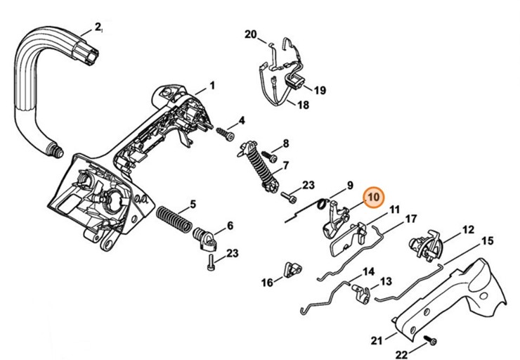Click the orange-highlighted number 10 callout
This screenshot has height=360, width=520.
373,197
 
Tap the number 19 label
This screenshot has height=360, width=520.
319,91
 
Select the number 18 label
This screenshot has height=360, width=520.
303,105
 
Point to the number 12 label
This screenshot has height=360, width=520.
467,229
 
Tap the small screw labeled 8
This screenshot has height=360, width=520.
267,154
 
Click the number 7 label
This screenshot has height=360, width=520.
285,167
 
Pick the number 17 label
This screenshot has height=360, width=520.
411,219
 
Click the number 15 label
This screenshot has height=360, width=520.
487,240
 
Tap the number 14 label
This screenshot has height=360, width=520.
368,271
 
